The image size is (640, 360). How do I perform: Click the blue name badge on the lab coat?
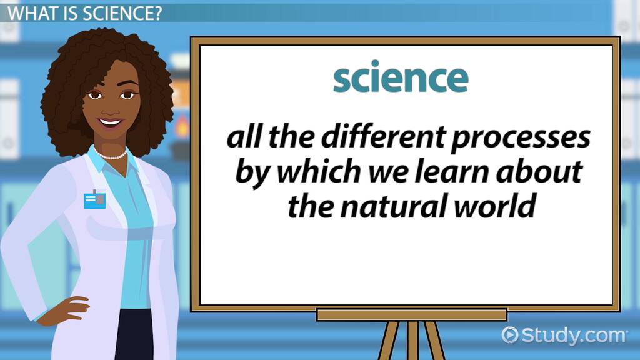pos(96,200)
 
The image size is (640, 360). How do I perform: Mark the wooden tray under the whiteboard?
pos(411,314)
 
